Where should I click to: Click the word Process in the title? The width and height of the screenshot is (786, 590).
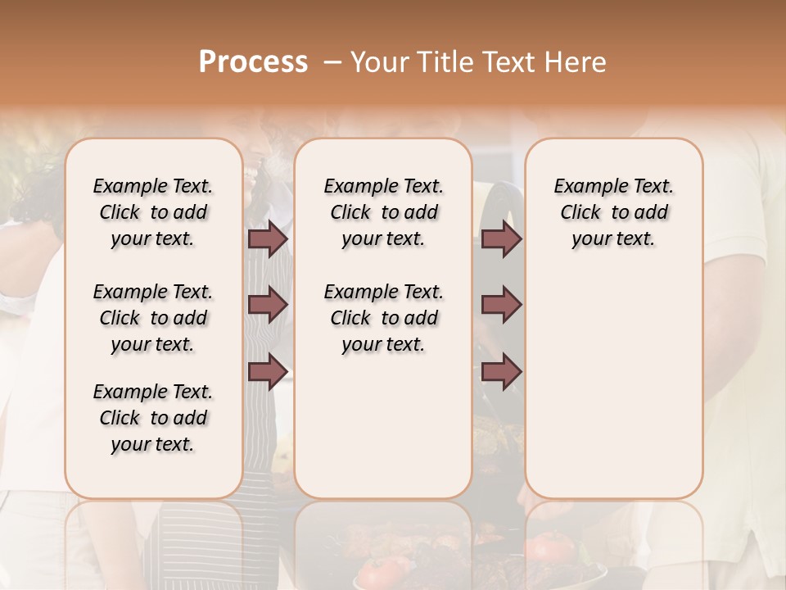coord(253,61)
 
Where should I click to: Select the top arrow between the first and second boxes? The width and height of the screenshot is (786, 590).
coord(268,239)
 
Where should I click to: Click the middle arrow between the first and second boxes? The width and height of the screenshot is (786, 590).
coord(268,306)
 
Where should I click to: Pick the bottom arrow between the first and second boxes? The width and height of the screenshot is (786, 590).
coord(268,371)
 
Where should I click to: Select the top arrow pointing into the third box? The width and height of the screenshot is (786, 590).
coord(501,239)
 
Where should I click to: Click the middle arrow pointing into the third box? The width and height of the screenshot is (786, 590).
coord(501,306)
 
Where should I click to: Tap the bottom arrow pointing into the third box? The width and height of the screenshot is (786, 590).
coord(501,371)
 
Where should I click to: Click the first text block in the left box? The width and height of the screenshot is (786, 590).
coord(153,212)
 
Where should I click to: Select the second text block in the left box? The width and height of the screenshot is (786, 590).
coord(153,318)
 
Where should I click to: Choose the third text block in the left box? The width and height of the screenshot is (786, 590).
coord(153,418)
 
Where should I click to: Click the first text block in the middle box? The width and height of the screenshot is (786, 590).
coord(383,212)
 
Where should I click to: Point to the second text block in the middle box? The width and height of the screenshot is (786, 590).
coord(383,318)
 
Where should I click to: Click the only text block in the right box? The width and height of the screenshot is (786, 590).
coord(613,212)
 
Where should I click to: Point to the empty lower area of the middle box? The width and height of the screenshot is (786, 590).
coord(383,426)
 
